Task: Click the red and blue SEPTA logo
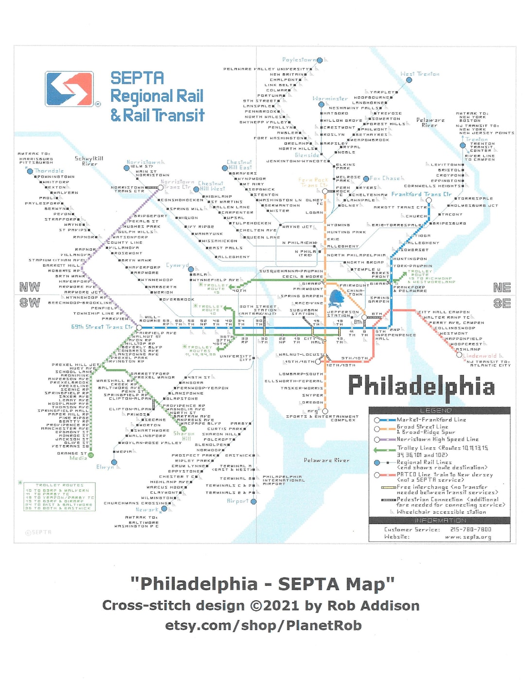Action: click(x=69, y=89)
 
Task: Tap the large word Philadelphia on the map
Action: click(x=421, y=386)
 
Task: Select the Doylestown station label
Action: click(x=299, y=60)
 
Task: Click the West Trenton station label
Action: click(x=420, y=74)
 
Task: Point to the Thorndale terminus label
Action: click(x=49, y=171)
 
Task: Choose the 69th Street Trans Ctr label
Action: click(x=102, y=327)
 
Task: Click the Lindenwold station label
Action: click(x=479, y=356)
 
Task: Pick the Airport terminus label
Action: click(x=237, y=501)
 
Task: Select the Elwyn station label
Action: click(x=105, y=467)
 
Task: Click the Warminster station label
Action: click(x=330, y=98)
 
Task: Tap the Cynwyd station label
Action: click(x=177, y=266)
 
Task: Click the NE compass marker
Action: click(x=502, y=287)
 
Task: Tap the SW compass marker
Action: click(x=30, y=303)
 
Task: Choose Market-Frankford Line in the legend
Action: click(x=431, y=419)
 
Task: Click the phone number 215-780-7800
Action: click(x=471, y=529)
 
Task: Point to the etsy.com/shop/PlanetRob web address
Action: click(x=263, y=625)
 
